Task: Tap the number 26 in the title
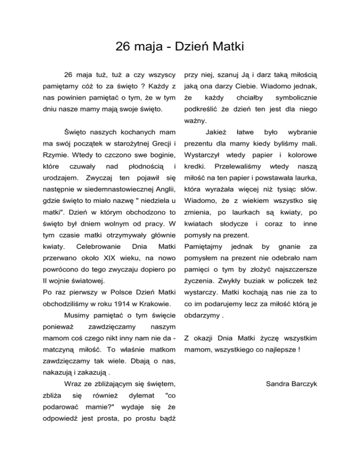click(124, 47)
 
